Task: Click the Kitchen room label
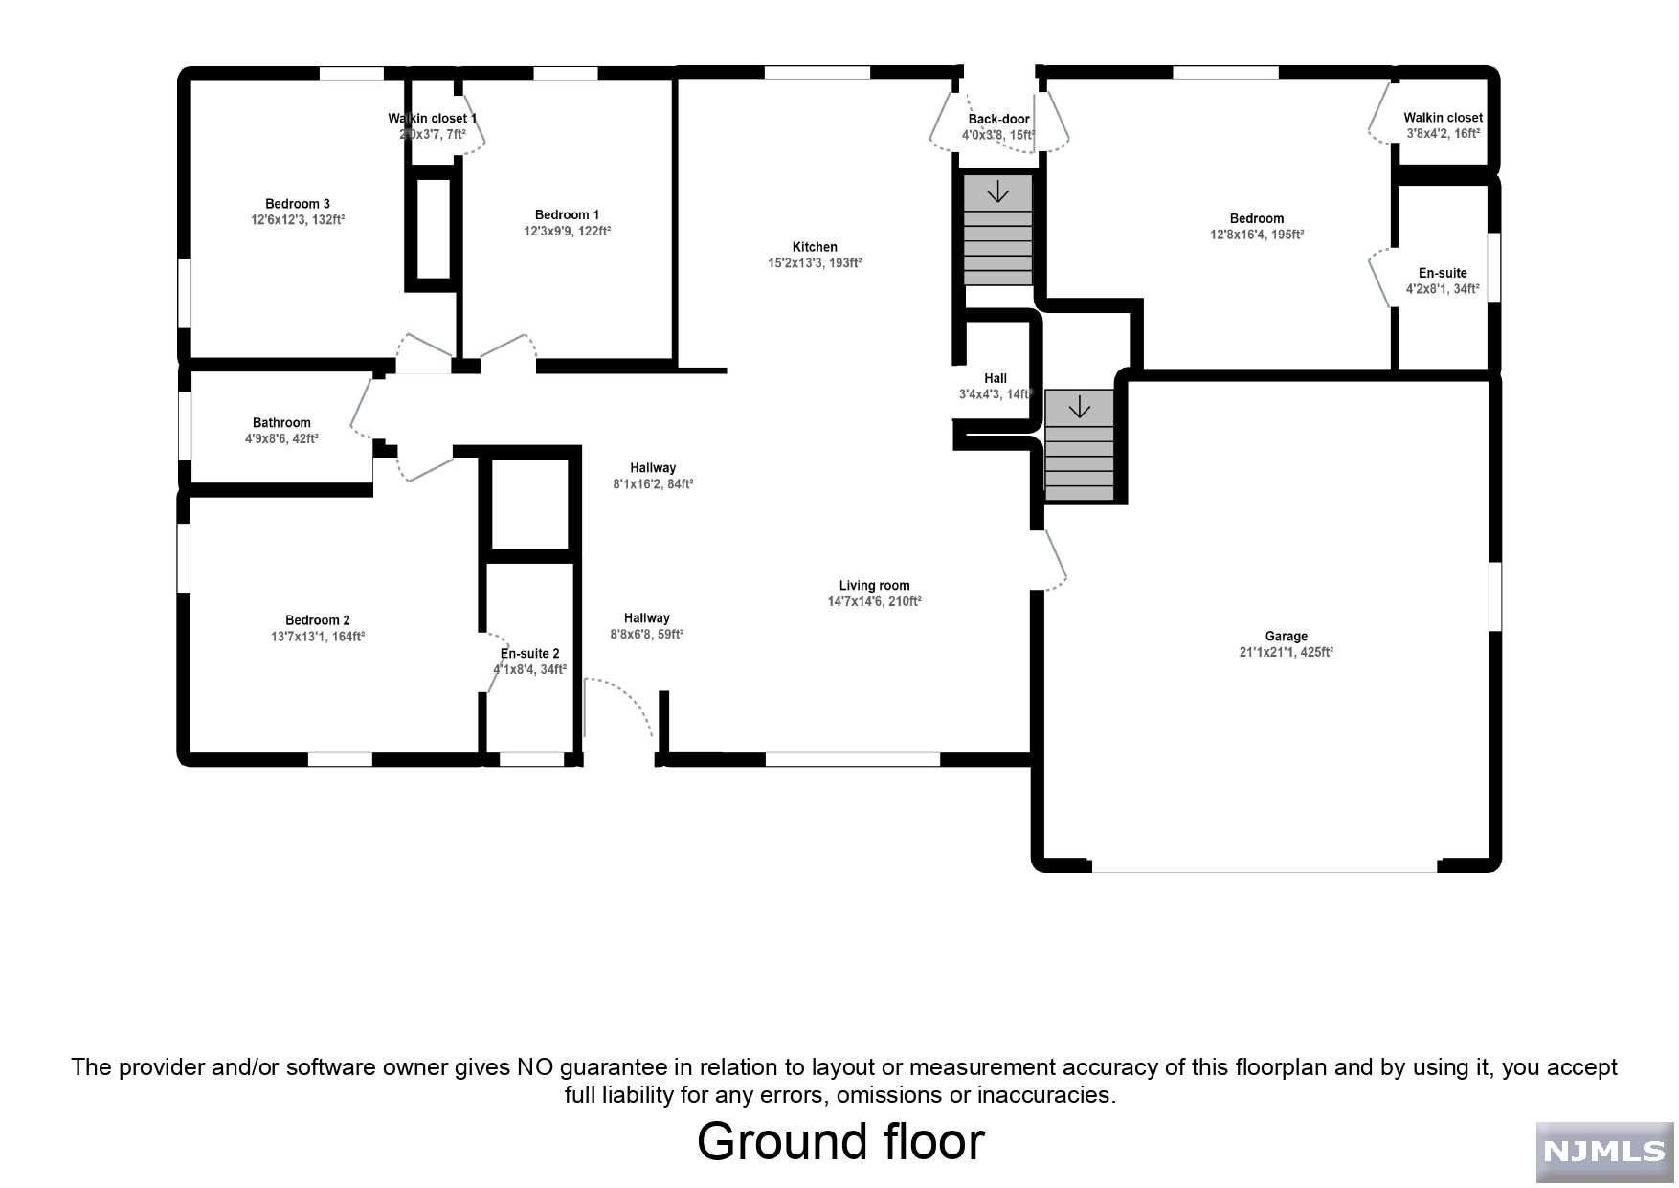[x=815, y=247]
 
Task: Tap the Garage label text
[x=1286, y=636]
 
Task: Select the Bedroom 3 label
[x=298, y=204]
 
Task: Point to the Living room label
[x=874, y=586]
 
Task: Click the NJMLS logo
[x=1603, y=1152]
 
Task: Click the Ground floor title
[x=839, y=1142]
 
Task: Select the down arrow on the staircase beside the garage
[x=1079, y=408]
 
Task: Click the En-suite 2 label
[x=529, y=654]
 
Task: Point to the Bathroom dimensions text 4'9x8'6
[x=280, y=438]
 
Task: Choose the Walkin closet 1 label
[x=432, y=119]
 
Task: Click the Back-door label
[x=998, y=120]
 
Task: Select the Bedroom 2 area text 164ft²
[x=348, y=637]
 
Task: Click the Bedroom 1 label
[x=567, y=215]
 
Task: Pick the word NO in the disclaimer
[x=534, y=1067]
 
